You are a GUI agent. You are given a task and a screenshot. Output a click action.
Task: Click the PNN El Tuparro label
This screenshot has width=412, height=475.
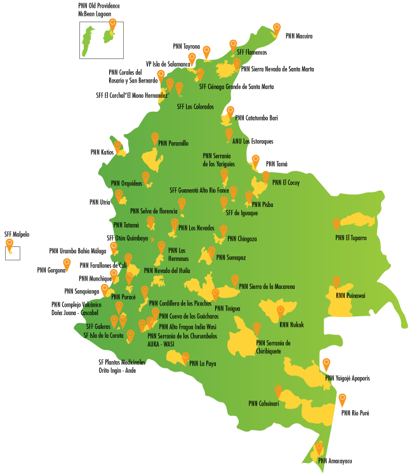point(350,238)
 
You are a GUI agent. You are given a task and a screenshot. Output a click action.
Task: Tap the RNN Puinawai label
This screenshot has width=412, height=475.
point(350,295)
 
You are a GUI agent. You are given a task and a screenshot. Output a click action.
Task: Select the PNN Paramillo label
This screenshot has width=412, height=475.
point(173,144)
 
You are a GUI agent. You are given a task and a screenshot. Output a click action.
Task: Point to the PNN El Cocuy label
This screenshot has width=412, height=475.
point(286,183)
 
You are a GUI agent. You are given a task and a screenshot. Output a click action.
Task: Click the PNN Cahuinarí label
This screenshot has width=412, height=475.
point(263,403)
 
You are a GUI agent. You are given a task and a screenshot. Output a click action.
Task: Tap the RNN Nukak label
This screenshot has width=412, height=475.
point(291,325)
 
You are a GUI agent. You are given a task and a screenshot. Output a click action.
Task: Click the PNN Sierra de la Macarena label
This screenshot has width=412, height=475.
point(267,287)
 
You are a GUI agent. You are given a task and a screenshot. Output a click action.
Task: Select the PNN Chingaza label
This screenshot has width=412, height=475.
point(242,239)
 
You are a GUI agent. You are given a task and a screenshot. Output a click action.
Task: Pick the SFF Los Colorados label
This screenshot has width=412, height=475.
point(195,107)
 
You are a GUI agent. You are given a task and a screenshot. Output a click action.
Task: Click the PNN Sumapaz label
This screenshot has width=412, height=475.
point(230,258)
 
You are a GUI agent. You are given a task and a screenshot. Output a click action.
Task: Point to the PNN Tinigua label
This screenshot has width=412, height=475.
point(228,309)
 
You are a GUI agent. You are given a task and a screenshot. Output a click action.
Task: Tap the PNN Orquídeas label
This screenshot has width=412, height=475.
point(126,184)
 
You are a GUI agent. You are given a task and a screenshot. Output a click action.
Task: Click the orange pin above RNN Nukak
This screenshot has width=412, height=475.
point(280,311)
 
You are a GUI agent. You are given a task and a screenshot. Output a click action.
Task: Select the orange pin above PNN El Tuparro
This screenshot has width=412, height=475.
point(336,224)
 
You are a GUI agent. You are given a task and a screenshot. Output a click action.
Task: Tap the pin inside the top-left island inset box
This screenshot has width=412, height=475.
point(112,25)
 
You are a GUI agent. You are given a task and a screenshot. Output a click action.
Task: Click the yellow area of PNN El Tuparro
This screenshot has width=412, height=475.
point(359,221)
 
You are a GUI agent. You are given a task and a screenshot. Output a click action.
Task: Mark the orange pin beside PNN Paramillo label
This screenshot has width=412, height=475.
point(154,138)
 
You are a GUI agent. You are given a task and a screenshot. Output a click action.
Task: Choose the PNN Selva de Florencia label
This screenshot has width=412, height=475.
point(154,211)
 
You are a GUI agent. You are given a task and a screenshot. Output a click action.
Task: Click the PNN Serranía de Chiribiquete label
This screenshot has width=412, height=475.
point(273,347)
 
